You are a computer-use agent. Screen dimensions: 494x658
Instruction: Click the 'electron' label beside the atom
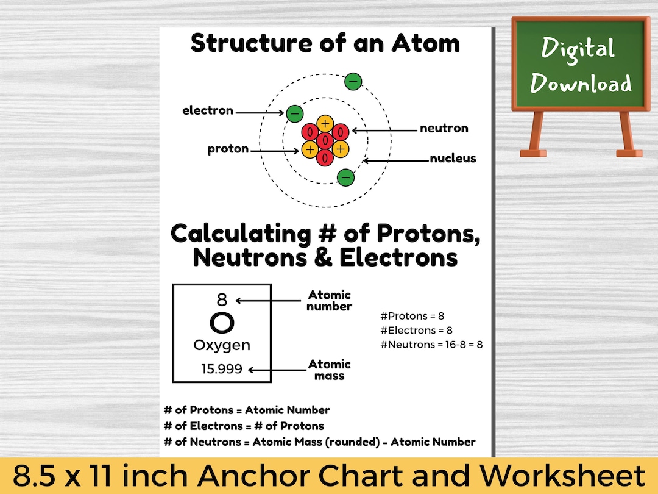208,110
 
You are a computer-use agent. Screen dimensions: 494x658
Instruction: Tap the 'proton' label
228,149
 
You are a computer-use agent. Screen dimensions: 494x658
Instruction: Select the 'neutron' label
444,128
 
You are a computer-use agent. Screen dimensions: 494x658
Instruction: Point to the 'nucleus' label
453,159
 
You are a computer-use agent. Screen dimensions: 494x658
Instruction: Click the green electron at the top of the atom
353,81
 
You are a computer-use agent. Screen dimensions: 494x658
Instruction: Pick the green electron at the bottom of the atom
345,177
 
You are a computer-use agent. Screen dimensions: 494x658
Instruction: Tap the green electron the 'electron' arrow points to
295,113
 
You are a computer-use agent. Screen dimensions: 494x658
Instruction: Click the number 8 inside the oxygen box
222,299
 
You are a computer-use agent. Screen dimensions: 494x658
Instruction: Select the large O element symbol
222,323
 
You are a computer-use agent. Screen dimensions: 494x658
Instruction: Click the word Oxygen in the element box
222,345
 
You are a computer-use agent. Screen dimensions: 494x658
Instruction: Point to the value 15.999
222,369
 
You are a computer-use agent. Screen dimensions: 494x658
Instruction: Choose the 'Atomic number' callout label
329,301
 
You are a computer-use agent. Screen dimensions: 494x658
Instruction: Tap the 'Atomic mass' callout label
329,370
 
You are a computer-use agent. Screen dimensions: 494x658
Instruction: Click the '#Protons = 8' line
412,316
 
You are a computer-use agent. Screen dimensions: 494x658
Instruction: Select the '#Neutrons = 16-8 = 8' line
431,345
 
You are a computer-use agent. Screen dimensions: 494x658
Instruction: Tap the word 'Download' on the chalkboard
581,84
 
